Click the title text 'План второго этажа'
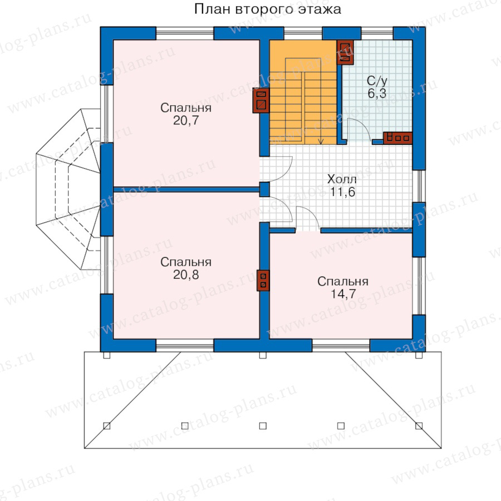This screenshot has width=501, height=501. click(x=267, y=9)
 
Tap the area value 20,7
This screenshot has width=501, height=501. click(x=186, y=120)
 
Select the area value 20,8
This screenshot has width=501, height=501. click(x=186, y=274)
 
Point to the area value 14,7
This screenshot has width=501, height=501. click(x=343, y=293)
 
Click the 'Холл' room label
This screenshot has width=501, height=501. click(x=342, y=179)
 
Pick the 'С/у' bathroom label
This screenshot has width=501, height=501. click(x=377, y=81)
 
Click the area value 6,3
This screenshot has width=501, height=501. click(x=377, y=94)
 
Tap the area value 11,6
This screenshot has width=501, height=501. click(x=342, y=192)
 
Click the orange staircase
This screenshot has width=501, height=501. click(x=303, y=92)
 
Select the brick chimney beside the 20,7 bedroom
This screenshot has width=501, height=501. click(x=261, y=100)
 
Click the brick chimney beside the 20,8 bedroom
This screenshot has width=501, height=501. click(x=263, y=281)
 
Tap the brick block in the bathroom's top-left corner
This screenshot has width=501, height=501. click(x=345, y=52)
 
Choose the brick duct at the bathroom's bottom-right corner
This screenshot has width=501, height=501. click(x=397, y=138)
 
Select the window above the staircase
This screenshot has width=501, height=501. click(x=303, y=33)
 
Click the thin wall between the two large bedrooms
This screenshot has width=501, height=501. click(x=186, y=189)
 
